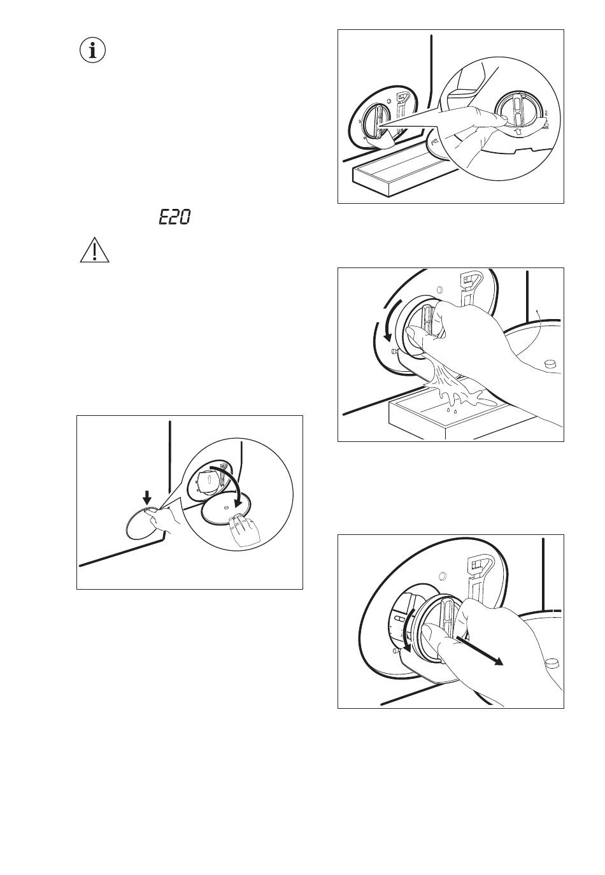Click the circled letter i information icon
pos(92,50)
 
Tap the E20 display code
pos(174,217)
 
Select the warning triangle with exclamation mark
pos(94,250)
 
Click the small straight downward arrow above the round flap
pos(147,498)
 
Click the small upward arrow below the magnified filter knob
pos(518,131)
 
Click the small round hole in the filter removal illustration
pos(443,576)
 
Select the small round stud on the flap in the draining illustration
pos(551,363)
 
